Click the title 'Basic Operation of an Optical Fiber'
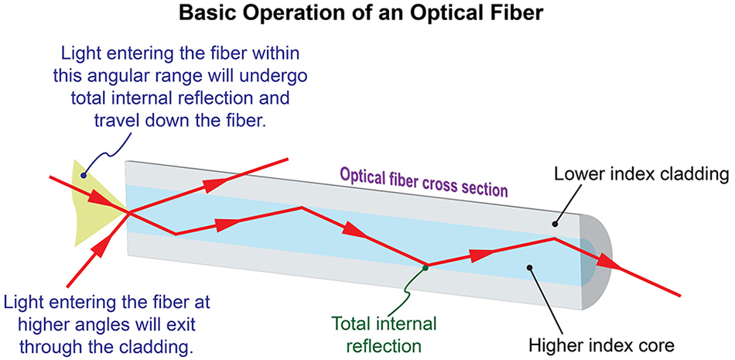coord(367,14)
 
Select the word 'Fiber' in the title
coord(517,14)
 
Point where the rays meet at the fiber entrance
coord(128,212)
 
